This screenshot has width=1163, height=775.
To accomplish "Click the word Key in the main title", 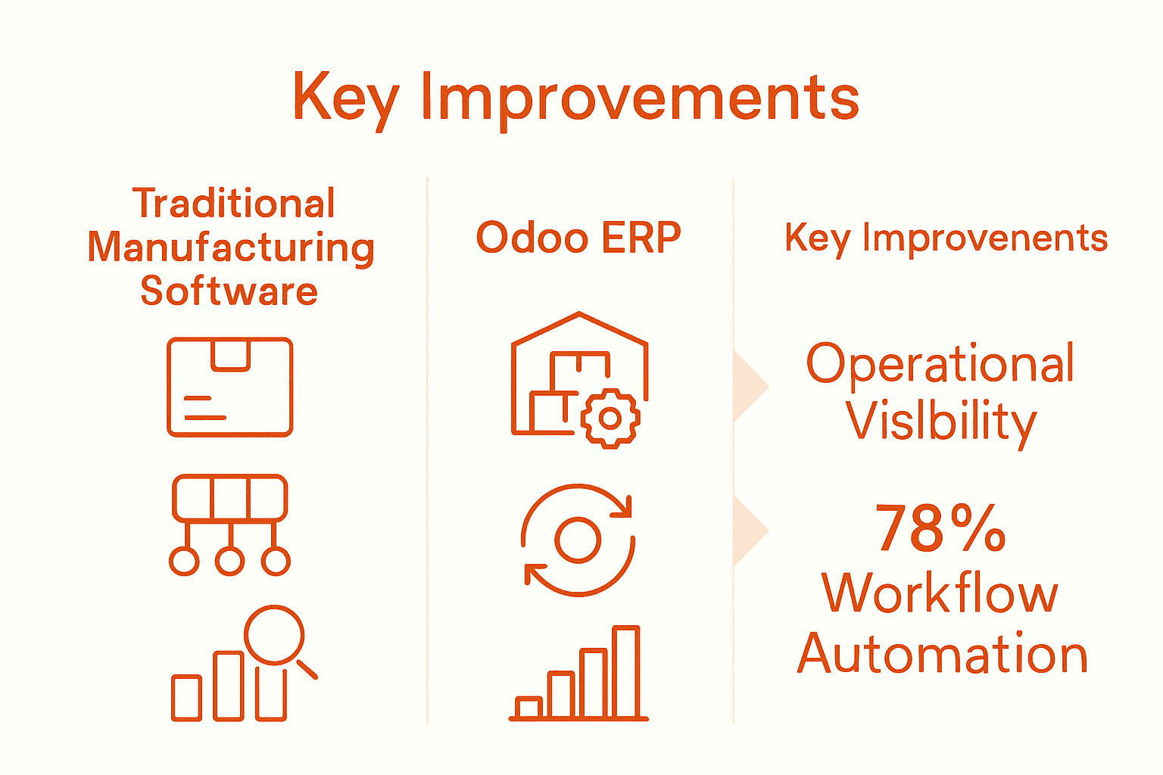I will [345, 97].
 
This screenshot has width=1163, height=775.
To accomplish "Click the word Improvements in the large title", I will [640, 98].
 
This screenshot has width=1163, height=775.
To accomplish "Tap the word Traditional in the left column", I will [233, 204].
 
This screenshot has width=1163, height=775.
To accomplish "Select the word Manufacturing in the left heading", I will [231, 247].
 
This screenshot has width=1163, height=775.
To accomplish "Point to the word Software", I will [229, 291].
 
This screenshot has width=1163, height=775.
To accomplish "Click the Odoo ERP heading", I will [578, 238].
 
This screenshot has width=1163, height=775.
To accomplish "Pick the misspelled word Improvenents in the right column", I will [984, 238].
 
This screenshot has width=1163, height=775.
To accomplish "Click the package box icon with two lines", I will [229, 387].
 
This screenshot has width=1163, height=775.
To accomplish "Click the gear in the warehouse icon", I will [610, 418].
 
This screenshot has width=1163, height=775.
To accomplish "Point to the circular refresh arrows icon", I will [578, 540].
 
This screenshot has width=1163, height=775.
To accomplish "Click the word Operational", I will [940, 364].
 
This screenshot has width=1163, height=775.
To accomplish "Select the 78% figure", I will [940, 528].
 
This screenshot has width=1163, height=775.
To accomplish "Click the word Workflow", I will [940, 593].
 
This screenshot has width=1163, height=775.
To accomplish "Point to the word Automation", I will [943, 653].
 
